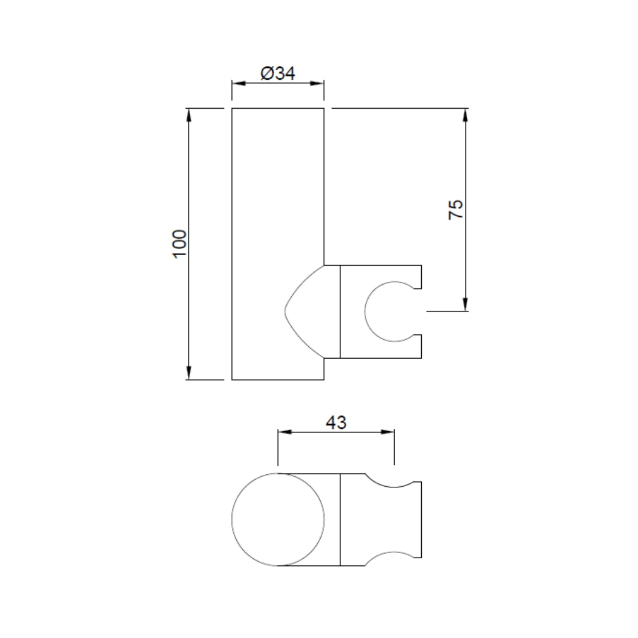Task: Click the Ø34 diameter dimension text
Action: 278,74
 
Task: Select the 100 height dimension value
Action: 180,243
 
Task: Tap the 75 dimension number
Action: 456,210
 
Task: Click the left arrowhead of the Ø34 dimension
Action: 237,83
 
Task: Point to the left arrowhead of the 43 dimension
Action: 284,432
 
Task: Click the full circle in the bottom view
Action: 278,519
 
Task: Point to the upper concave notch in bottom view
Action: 388,481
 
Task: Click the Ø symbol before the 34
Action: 266,74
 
